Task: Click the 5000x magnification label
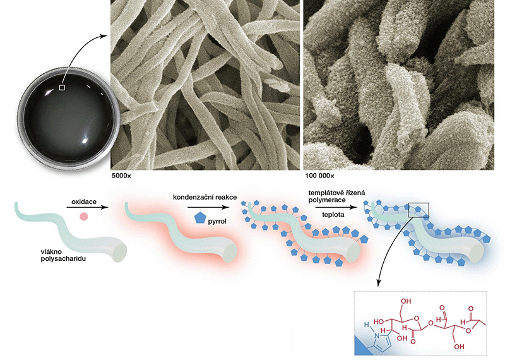[x=121, y=176]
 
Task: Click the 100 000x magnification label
[x=319, y=176]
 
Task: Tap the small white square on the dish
[x=61, y=88]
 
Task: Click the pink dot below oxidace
[x=83, y=217]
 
